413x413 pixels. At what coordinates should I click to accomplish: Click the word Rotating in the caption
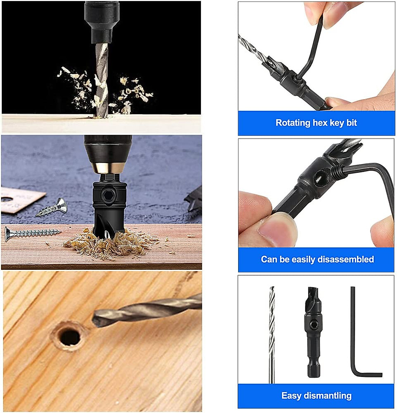[x=293, y=123]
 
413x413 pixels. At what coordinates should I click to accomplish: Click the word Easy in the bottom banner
[x=291, y=396]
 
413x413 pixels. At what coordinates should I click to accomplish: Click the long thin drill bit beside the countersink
[x=272, y=334]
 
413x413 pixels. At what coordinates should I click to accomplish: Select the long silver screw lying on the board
[x=33, y=233]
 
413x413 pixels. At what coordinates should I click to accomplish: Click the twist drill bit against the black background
[x=102, y=79]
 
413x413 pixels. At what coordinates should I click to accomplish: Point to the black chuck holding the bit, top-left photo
[x=102, y=21]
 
